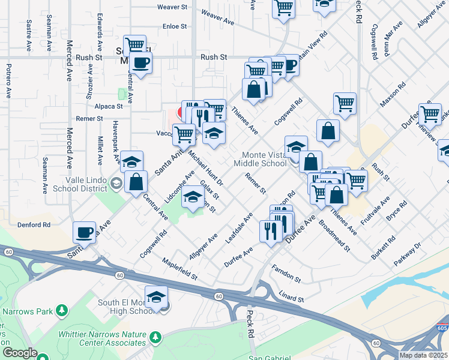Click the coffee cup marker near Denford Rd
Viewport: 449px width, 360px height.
coord(85,232)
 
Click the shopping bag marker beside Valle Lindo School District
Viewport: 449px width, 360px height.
coord(136,182)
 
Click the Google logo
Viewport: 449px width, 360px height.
coord(20,353)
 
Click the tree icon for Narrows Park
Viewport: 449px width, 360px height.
coord(61,310)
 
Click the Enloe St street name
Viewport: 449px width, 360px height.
coord(175,26)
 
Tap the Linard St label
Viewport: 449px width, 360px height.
coord(292,297)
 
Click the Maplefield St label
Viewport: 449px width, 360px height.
coord(180,269)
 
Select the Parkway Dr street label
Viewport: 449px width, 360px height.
coord(408,254)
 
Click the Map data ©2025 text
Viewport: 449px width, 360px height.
coord(424,355)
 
